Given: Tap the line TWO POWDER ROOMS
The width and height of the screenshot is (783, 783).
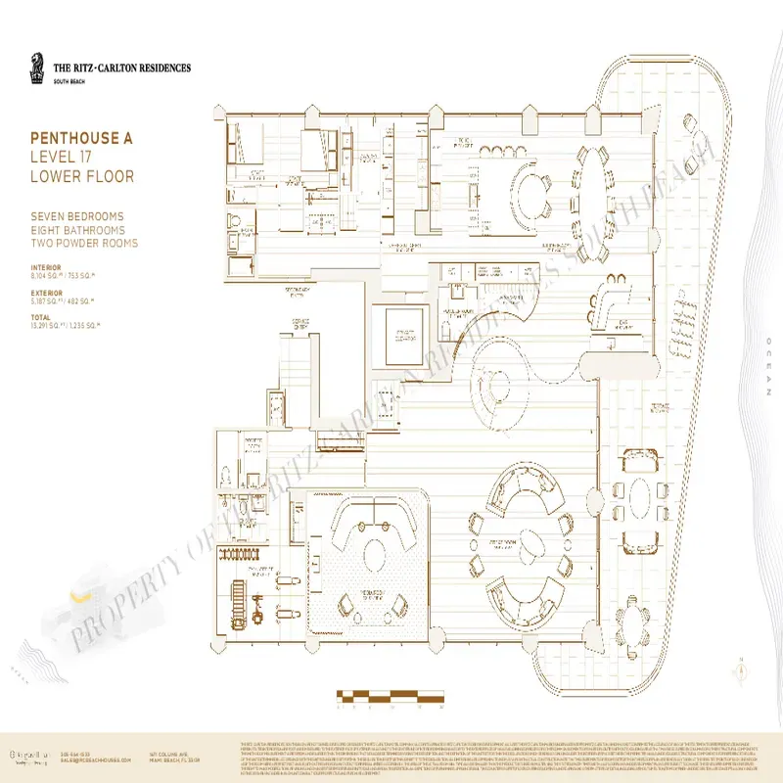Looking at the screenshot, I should pyautogui.click(x=84, y=243).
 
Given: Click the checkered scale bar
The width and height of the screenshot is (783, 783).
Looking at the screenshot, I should pyautogui.click(x=391, y=698).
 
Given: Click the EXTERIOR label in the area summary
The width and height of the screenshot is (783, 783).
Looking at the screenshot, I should pyautogui.click(x=47, y=291).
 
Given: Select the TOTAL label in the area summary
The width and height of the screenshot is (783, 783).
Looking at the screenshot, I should pyautogui.click(x=41, y=318).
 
